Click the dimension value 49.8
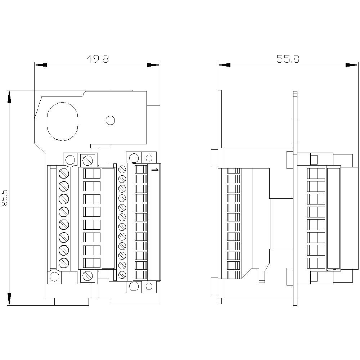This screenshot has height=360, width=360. point(97,59)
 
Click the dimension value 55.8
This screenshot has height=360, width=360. point(288,59)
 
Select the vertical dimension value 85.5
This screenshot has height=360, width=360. point(5,198)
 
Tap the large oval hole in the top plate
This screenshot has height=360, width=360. point(62,121)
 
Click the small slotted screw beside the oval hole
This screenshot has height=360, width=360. point(110,120)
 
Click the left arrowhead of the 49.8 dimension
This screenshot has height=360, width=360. point(41,65)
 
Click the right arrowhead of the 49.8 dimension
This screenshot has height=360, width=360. point(154,65)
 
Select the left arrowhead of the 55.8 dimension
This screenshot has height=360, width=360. point(224,65)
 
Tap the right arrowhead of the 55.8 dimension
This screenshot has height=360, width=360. point(352,65)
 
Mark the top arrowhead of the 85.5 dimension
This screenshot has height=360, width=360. point(9,96)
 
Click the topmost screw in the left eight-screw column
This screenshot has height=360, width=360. point(64,173)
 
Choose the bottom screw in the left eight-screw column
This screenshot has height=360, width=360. point(64,262)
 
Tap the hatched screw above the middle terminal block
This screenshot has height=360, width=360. point(87,159)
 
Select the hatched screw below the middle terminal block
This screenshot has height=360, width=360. point(87,276)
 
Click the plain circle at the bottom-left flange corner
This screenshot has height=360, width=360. point(54,276)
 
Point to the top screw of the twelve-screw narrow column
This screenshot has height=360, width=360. point(122,168)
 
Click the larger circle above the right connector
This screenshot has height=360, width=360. point(134,158)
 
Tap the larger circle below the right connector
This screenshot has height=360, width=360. point(134,286)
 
